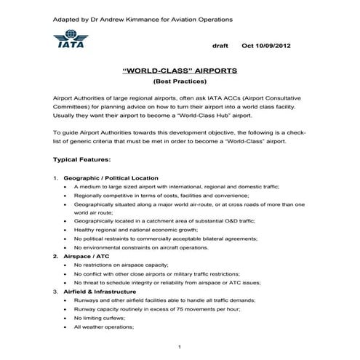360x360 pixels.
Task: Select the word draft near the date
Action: coord(220,45)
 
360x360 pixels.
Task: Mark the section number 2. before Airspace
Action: coord(55,257)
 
